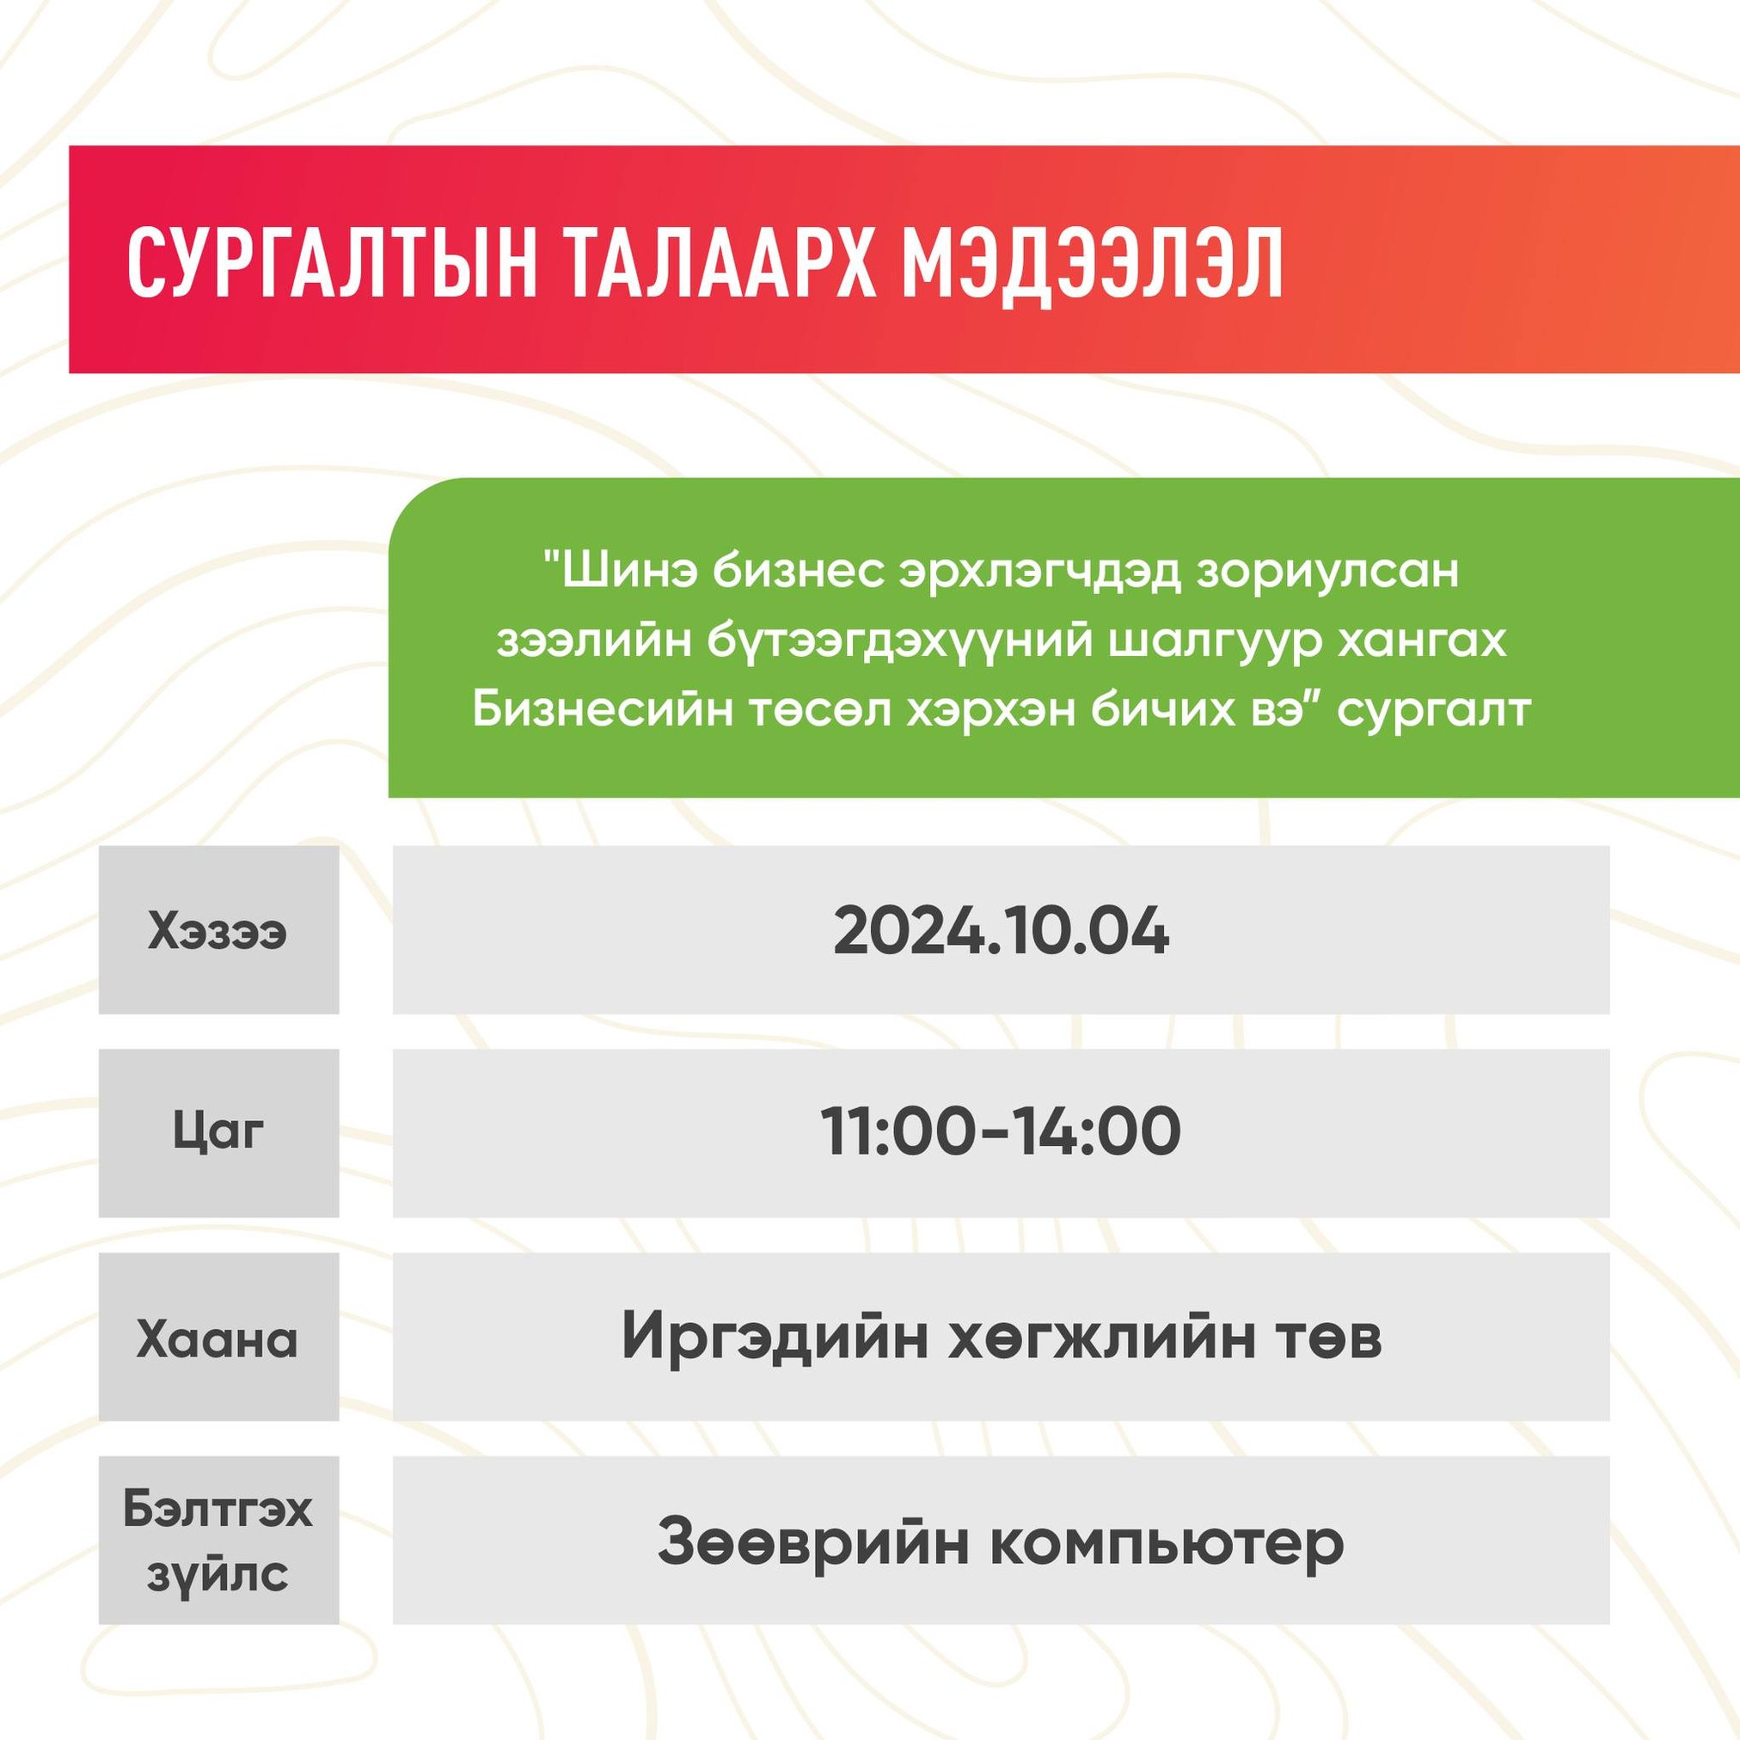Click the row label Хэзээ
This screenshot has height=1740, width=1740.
pyautogui.click(x=218, y=933)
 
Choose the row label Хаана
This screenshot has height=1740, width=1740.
pyautogui.click(x=218, y=1339)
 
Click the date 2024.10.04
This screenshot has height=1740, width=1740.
pyautogui.click(x=1001, y=933)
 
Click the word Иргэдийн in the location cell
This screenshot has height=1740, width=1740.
pyautogui.click(x=775, y=1339)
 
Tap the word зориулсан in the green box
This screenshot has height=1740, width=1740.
pyautogui.click(x=1327, y=573)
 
